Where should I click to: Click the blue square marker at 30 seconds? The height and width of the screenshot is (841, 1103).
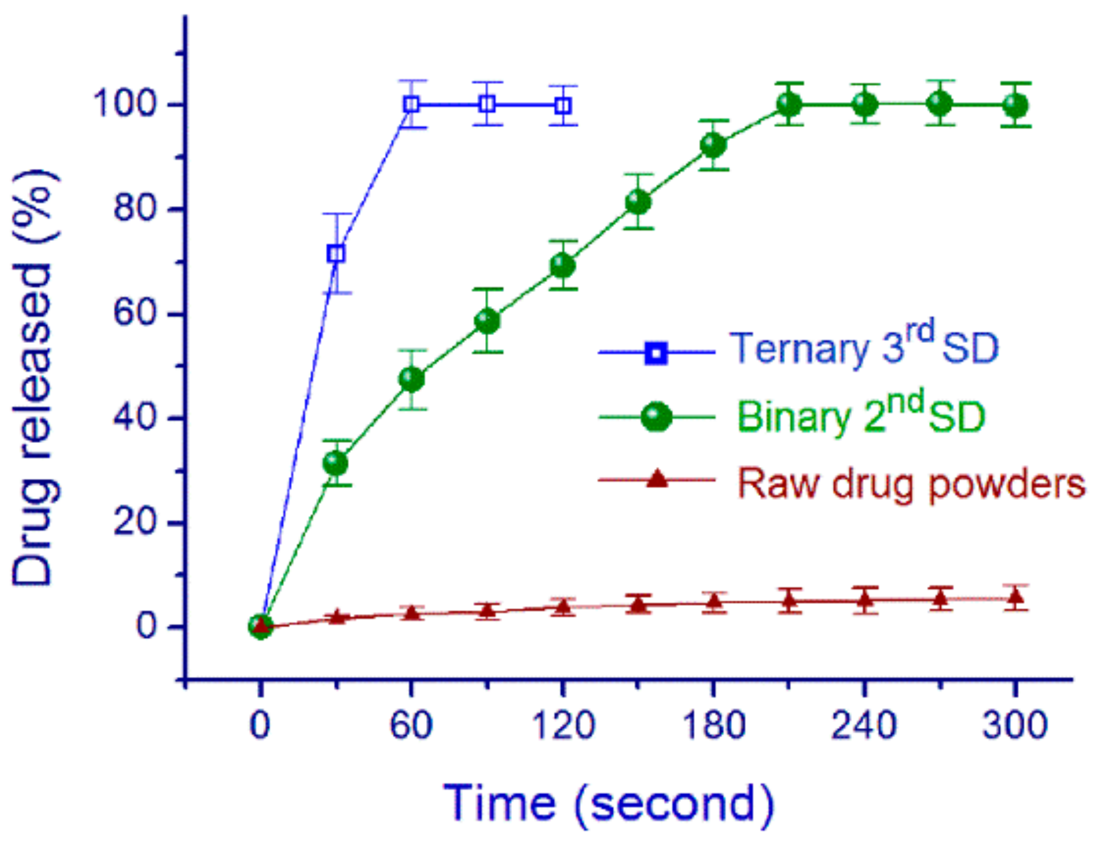pyautogui.click(x=336, y=254)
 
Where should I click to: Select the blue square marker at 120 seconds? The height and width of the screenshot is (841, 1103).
pyautogui.click(x=563, y=106)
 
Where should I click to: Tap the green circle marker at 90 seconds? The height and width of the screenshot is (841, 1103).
pyautogui.click(x=488, y=321)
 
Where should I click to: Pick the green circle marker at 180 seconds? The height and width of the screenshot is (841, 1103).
pyautogui.click(x=713, y=145)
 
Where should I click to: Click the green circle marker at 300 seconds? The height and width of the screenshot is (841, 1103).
pyautogui.click(x=1015, y=105)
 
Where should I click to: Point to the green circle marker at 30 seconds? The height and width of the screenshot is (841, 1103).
pyautogui.click(x=336, y=463)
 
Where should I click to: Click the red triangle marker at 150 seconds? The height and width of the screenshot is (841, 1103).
pyautogui.click(x=638, y=604)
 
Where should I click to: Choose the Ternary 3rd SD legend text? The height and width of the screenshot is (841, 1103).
pyautogui.click(x=863, y=347)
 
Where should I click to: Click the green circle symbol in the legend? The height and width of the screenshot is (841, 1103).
pyautogui.click(x=657, y=416)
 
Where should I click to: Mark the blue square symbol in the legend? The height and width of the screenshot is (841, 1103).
pyautogui.click(x=657, y=352)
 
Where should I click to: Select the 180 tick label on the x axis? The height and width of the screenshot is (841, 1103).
pyautogui.click(x=713, y=724)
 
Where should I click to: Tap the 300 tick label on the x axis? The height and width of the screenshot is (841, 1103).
pyautogui.click(x=1015, y=724)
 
